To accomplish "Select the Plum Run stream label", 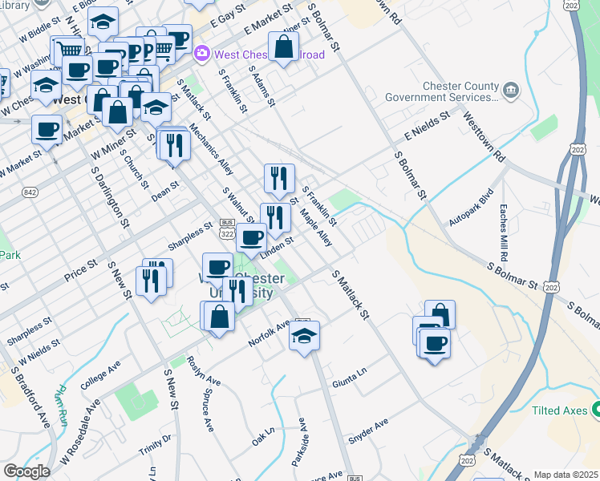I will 60,406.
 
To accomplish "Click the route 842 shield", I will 30,192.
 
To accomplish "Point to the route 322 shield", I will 227,231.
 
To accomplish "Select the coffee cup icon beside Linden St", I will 251,237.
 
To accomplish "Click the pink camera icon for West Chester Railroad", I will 201,54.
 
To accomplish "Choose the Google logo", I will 26,471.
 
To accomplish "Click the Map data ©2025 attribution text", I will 566,475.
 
